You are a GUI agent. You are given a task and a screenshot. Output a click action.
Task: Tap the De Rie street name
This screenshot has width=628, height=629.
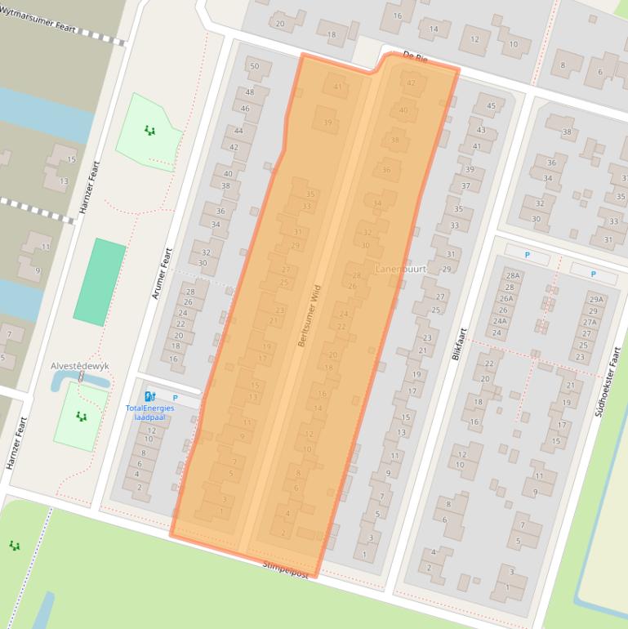[x=415, y=57]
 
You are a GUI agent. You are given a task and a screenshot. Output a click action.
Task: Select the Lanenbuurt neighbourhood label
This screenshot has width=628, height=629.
[x=401, y=269]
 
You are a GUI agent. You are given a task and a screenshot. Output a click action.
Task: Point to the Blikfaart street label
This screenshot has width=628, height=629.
[x=459, y=344]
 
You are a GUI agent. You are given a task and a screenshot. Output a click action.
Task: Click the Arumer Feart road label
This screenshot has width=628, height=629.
[x=162, y=273]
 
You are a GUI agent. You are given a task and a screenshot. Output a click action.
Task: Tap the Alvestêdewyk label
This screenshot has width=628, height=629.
[x=80, y=367]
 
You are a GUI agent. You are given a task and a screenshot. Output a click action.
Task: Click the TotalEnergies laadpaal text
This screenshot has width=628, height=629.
[x=149, y=412]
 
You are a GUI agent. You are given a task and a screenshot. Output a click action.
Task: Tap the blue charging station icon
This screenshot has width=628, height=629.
[x=149, y=397]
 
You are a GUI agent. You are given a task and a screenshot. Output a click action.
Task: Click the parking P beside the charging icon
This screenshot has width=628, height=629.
[x=175, y=398]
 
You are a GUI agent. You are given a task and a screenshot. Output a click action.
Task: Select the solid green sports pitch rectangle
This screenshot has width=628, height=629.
[x=100, y=281]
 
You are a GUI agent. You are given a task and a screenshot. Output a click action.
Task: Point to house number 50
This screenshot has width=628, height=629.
[x=254, y=66]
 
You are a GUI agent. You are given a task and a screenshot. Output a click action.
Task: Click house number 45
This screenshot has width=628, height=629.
[x=490, y=105]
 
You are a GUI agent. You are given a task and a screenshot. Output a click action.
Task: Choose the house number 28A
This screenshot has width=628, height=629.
[x=513, y=276]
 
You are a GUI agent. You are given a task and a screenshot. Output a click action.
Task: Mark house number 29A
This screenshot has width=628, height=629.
[x=595, y=300]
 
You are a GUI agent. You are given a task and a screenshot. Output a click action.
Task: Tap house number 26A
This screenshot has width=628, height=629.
[x=506, y=299]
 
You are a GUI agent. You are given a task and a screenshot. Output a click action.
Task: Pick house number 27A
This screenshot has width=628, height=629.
[x=590, y=322]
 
